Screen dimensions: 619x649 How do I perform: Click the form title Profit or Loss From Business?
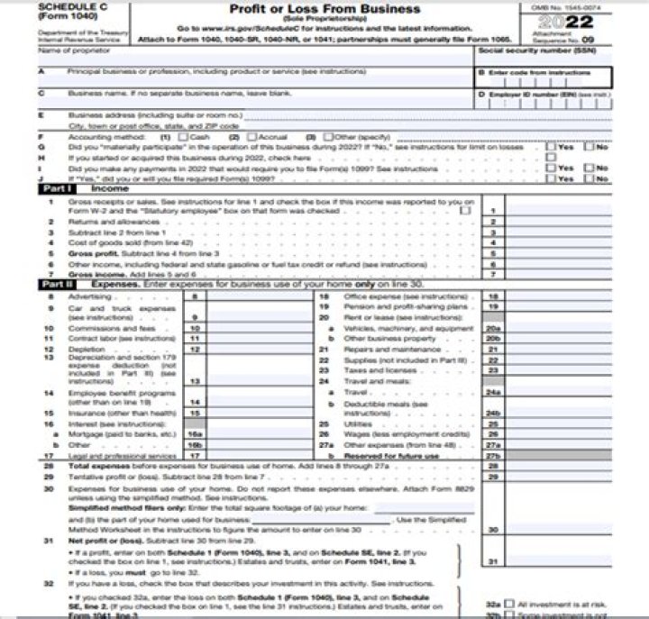[324, 9]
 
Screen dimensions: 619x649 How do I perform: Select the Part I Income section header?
[87, 188]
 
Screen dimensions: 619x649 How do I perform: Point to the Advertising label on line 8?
[90, 296]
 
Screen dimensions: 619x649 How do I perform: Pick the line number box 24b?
[493, 412]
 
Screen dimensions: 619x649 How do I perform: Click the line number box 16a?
[193, 434]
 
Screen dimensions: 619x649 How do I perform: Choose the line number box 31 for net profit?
[493, 562]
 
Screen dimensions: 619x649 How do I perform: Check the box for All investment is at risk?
[510, 605]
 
